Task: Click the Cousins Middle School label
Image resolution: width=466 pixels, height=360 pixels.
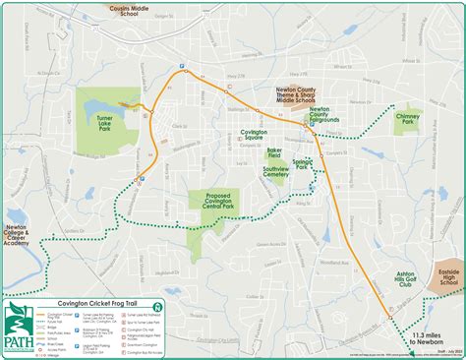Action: click(x=138, y=9)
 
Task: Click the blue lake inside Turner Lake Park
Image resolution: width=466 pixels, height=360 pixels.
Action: click(x=126, y=101)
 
